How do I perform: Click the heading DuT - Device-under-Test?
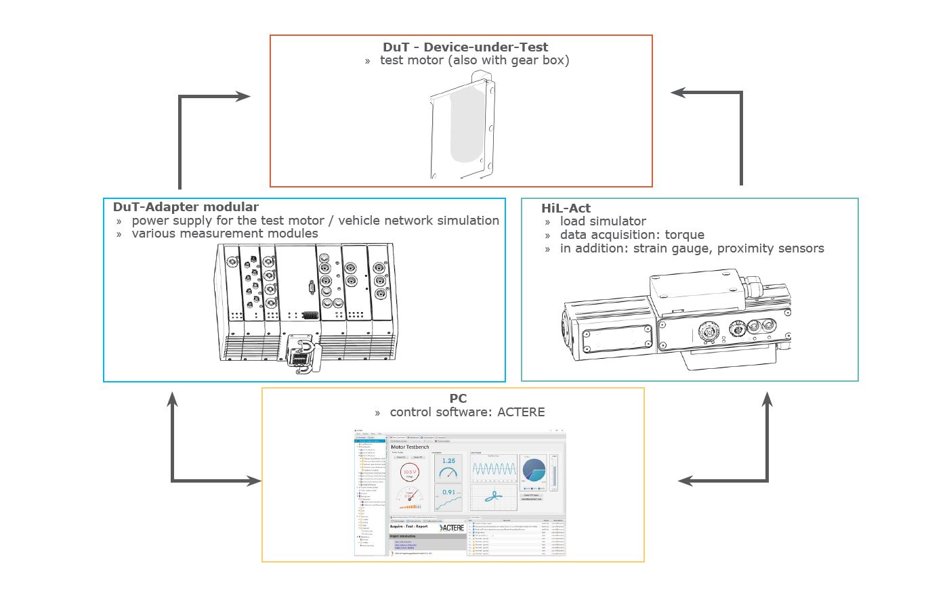pos(465,47)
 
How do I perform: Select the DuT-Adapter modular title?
pos(186,207)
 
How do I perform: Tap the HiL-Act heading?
pos(566,208)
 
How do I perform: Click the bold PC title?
pos(458,399)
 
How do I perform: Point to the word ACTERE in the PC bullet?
pos(521,412)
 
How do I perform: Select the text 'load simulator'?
pos(603,221)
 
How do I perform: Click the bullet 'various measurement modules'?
pos(224,234)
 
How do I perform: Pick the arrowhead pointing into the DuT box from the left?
pos(243,97)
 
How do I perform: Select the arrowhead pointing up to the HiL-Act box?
pos(767,399)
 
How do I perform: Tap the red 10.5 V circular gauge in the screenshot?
pos(410,472)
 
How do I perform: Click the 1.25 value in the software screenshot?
pos(448,462)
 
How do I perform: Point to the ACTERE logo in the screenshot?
pos(451,527)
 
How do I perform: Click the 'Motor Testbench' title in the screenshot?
pos(410,447)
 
